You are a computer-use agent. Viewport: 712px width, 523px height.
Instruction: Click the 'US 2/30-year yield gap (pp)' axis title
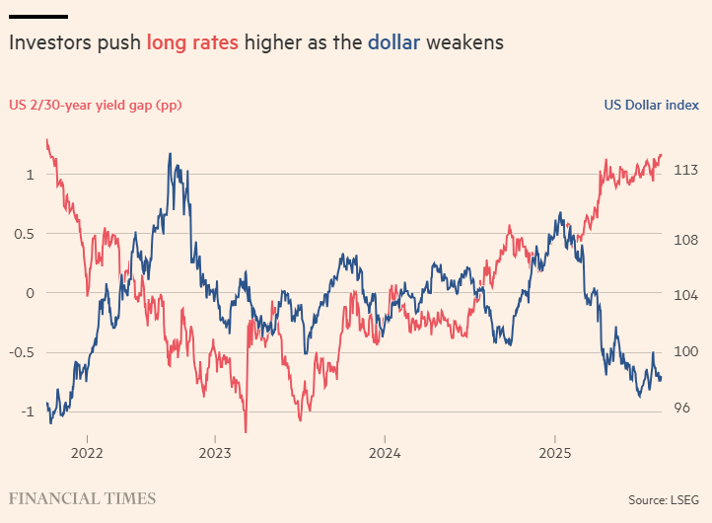96,105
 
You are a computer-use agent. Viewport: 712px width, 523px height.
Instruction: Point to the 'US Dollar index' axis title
651,105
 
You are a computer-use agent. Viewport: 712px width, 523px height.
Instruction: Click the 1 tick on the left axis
31,175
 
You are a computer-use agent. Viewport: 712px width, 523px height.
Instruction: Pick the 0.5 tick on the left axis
26,234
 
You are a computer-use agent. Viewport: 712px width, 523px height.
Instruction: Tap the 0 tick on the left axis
31,293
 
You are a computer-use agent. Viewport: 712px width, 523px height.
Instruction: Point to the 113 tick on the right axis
686,170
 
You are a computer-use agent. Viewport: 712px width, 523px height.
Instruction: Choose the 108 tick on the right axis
686,240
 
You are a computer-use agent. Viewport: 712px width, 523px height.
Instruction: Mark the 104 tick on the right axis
686,296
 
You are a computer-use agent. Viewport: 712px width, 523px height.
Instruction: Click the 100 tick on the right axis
686,351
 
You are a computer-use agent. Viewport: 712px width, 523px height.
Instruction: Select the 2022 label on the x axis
87,454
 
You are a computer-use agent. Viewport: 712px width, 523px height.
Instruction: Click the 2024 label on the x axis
384,454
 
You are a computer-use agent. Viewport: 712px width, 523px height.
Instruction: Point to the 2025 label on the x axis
554,454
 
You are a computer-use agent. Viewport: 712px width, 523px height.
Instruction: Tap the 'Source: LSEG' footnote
664,499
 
